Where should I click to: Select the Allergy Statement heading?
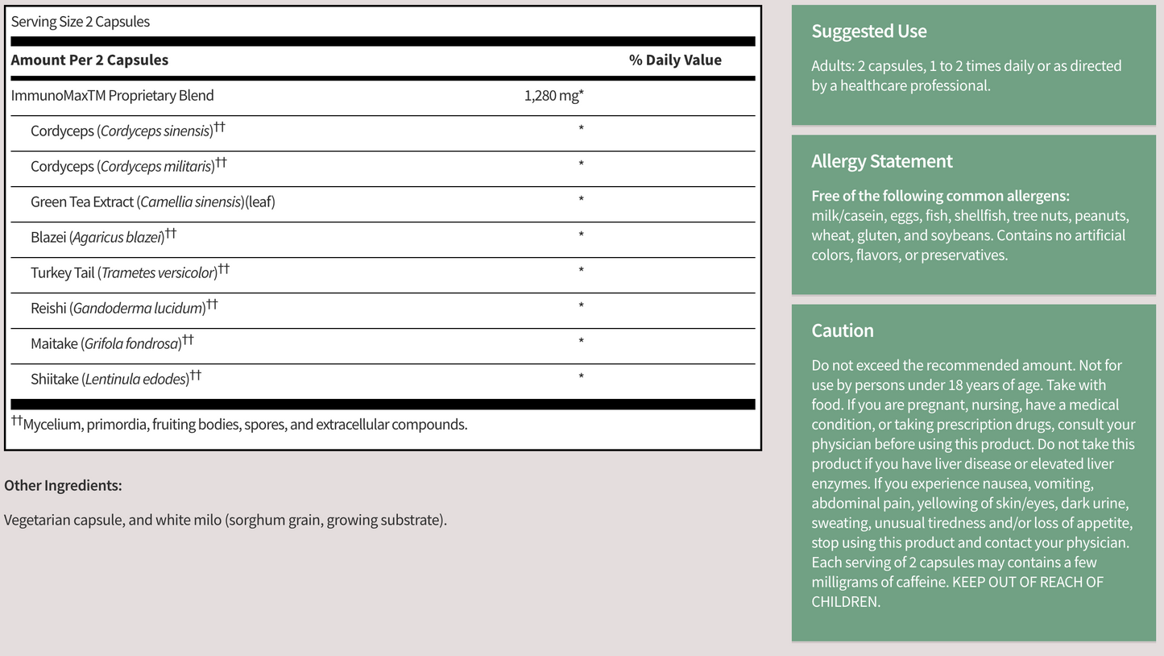coord(881,161)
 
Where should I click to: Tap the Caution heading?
coord(842,330)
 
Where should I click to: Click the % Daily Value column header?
coord(675,60)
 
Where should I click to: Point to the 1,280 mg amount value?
coord(553,96)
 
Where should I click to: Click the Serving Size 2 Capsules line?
coord(81,22)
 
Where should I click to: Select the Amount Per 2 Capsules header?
coord(89,60)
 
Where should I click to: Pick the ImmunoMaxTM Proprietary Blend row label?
coord(113,96)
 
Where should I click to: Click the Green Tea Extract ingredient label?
coord(153,202)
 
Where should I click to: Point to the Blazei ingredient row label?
coord(102,237)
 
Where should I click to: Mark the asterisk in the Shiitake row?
coord(581,376)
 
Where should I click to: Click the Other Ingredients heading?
coord(63,485)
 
